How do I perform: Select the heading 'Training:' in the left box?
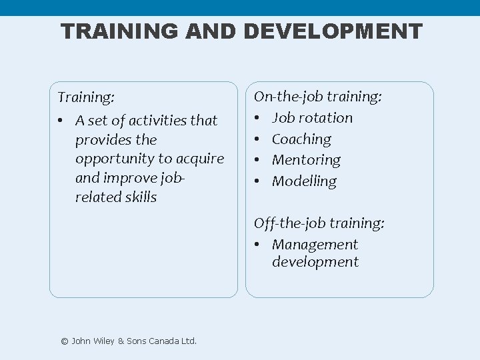pos(86,97)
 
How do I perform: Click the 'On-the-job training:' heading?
pos(318,97)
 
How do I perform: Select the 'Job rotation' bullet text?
pos(312,118)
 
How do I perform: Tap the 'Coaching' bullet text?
pos(301,139)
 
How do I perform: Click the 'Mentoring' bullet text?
pos(306,160)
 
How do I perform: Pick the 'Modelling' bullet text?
pos(304,181)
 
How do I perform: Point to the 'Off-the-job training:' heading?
pos(319,224)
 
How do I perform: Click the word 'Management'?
pos(315,245)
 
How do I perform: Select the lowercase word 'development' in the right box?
pos(315,262)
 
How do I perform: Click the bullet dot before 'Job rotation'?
pos(257,119)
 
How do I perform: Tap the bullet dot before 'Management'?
pos(257,245)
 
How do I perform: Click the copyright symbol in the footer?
pos(65,341)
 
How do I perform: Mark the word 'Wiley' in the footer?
pos(101,341)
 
